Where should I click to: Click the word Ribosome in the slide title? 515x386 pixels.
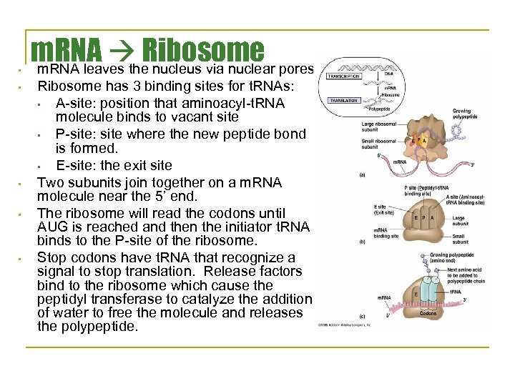point(204,49)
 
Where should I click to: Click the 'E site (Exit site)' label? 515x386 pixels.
point(385,209)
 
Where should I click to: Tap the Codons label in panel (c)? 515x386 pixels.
point(427,313)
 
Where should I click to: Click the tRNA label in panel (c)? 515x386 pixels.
point(456,291)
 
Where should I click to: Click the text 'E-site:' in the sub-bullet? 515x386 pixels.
point(74,166)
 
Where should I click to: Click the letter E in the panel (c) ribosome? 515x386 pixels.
point(416,294)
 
